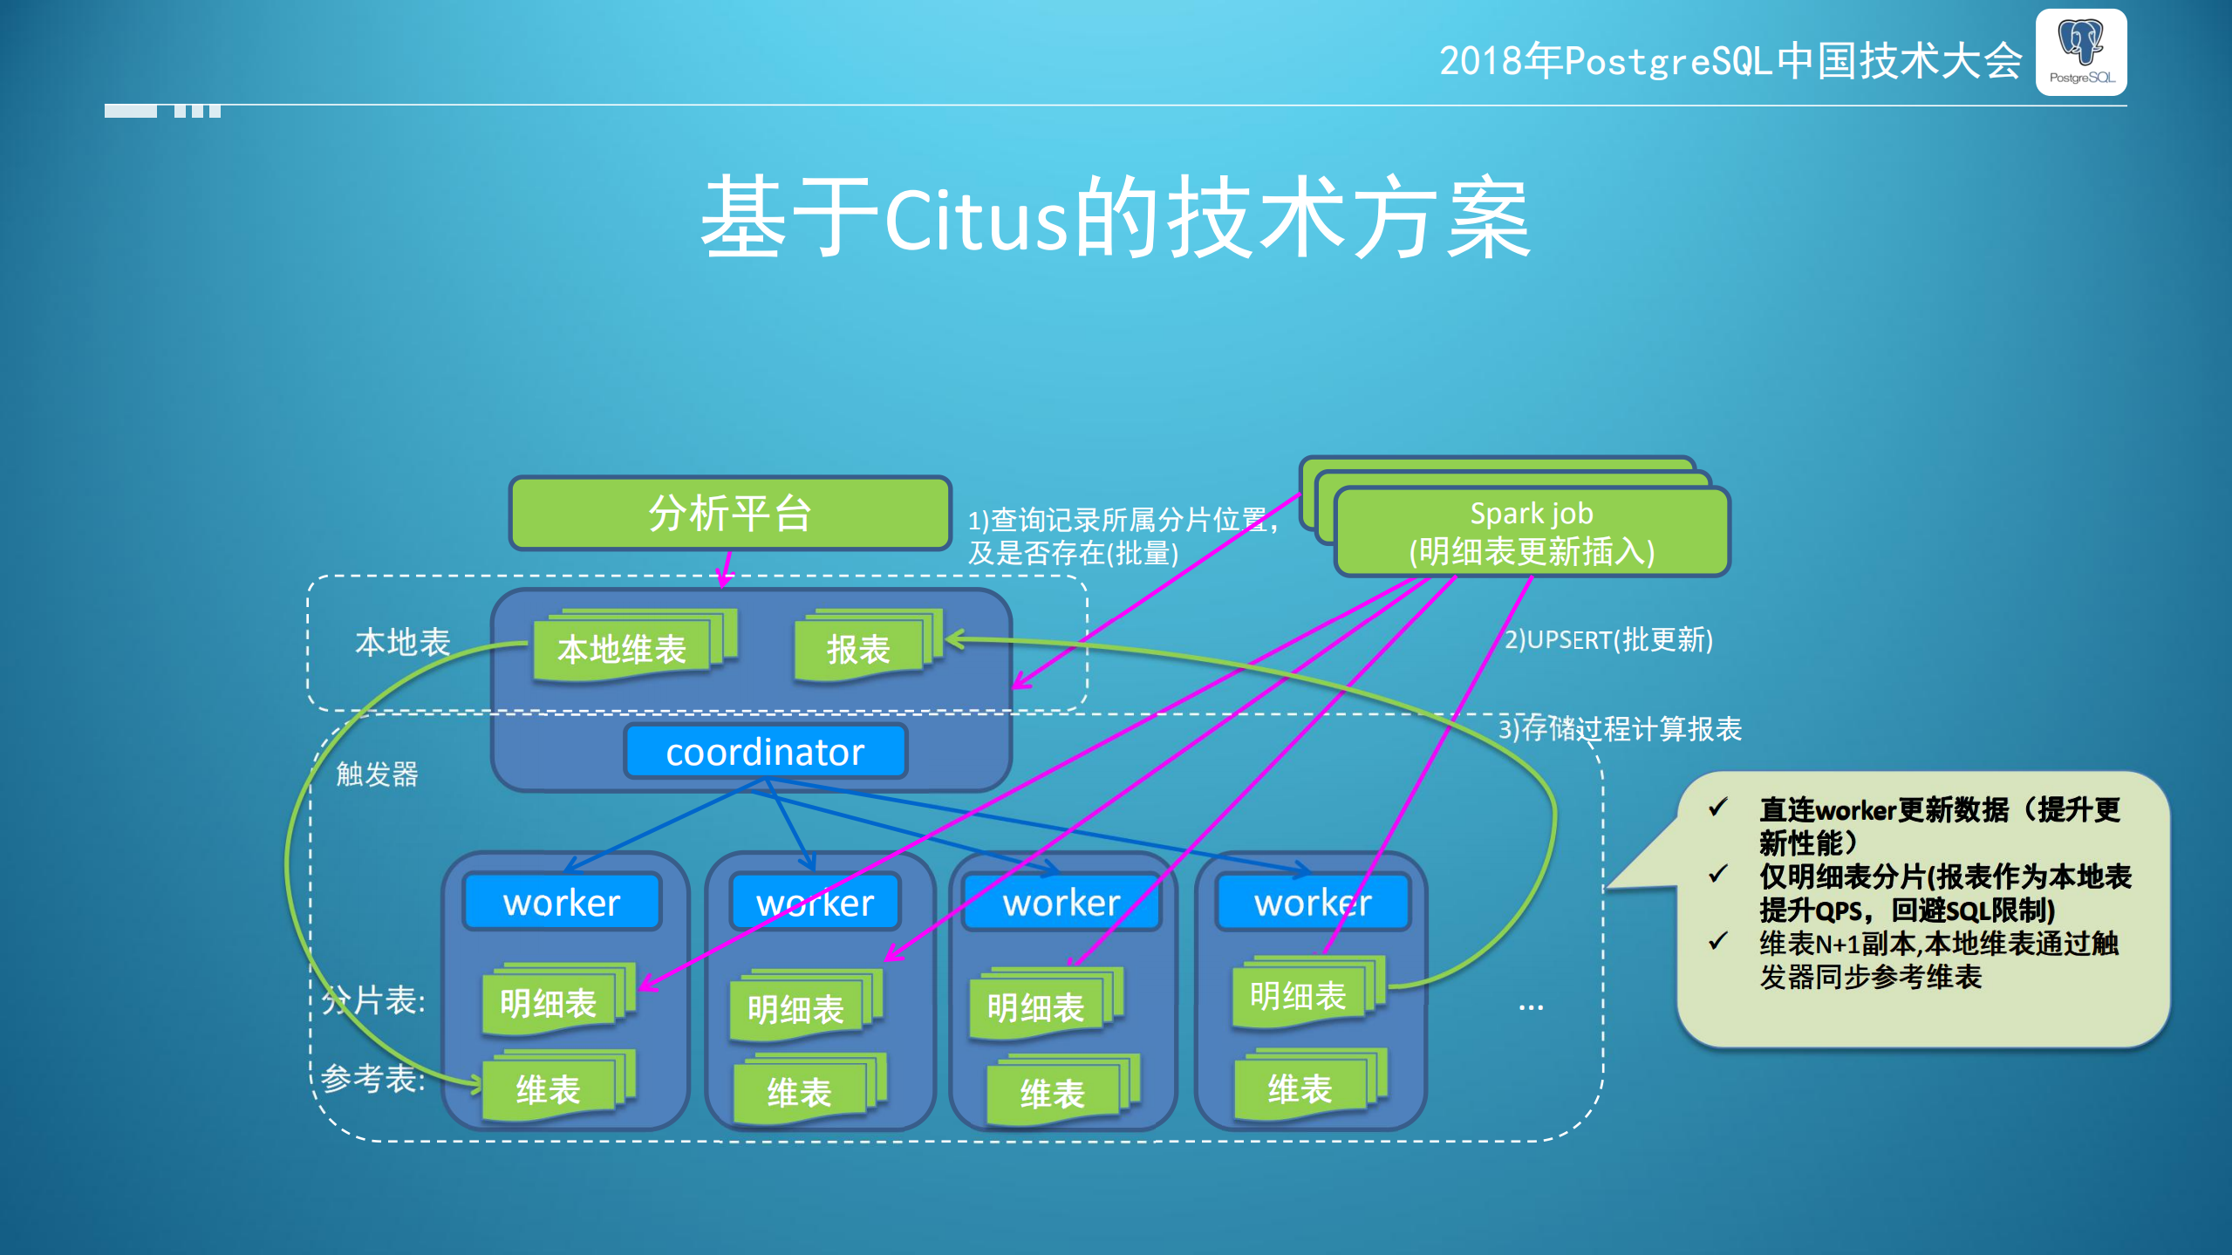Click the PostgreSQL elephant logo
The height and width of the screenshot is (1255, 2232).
click(2081, 51)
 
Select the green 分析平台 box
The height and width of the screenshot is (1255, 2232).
click(730, 513)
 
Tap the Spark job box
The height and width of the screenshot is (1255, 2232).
click(1532, 532)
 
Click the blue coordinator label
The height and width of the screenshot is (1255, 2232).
click(765, 752)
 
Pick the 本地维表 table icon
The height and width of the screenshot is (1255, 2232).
click(623, 650)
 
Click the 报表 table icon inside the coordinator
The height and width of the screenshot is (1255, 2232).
click(859, 650)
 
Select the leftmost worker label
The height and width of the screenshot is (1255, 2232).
click(562, 903)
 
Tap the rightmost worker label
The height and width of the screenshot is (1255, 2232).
click(1313, 903)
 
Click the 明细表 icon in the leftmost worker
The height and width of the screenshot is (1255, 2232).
click(549, 1003)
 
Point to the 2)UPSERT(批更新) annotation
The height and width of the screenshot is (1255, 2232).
click(1608, 639)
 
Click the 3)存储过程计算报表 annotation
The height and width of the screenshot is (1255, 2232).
click(1620, 728)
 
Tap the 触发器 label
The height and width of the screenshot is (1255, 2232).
click(377, 774)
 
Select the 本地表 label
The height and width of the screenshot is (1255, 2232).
click(402, 643)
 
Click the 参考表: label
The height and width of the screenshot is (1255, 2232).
click(372, 1079)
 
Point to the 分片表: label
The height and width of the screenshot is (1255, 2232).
click(374, 1000)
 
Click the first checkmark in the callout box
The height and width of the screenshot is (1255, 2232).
click(1717, 808)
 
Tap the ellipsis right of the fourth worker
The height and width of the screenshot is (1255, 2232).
click(1531, 1006)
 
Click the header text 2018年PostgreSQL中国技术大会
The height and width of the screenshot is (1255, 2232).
click(1730, 61)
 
